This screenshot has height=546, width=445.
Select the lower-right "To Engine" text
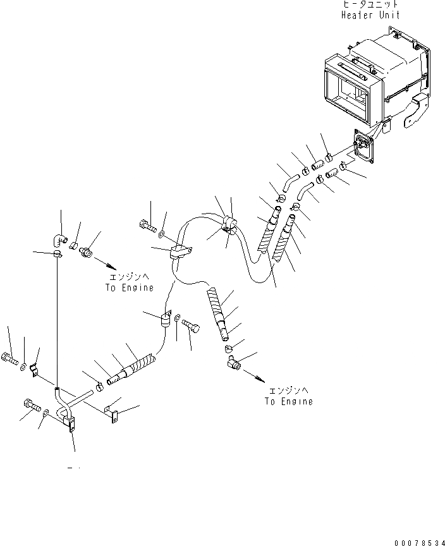[x=288, y=401]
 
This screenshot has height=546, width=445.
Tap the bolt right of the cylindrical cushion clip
[x=192, y=325]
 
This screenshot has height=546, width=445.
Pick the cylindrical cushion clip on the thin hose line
[x=168, y=319]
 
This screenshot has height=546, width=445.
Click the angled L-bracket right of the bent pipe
[x=113, y=414]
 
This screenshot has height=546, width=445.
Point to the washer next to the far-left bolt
[x=23, y=367]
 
